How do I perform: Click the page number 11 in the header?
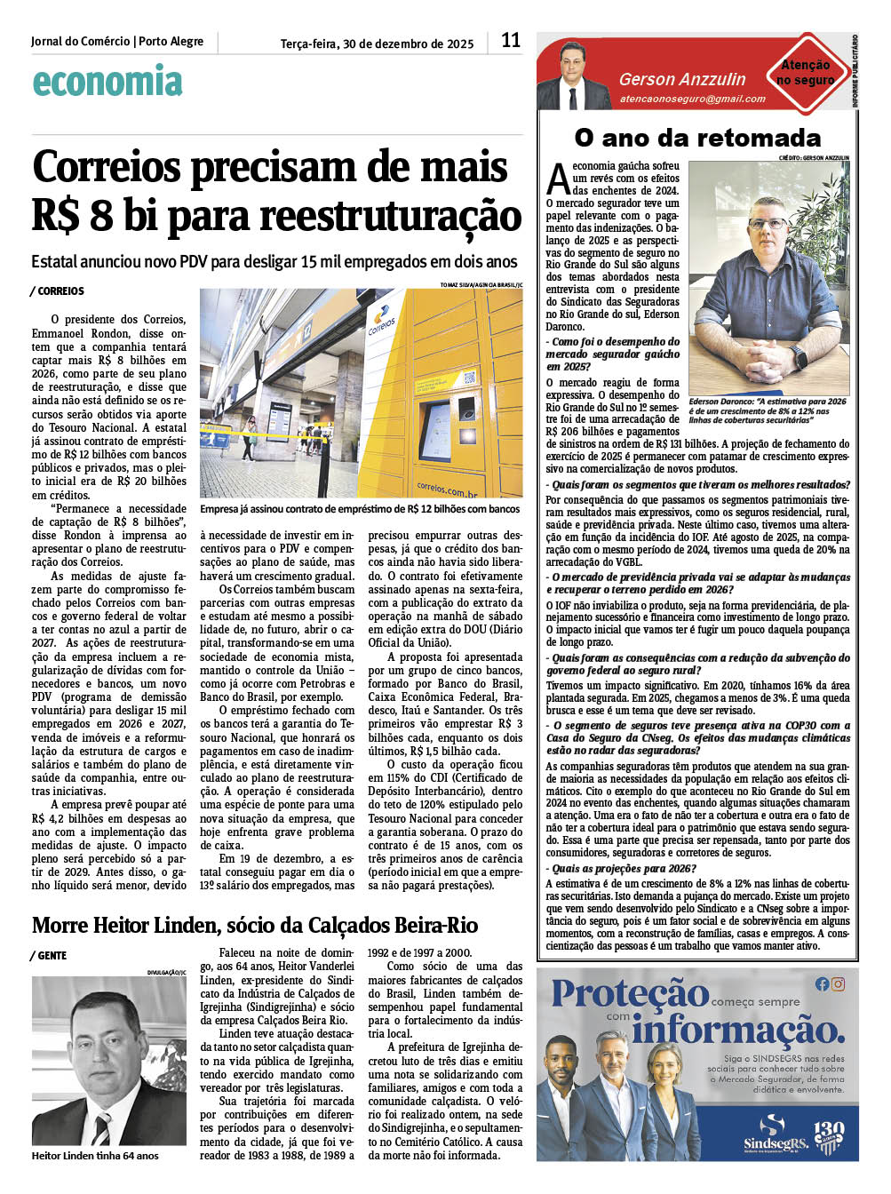click(x=511, y=40)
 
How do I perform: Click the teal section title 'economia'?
click(x=107, y=82)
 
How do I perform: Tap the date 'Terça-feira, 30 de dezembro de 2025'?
click(x=377, y=44)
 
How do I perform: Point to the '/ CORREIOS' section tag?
click(x=58, y=291)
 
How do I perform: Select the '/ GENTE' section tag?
click(x=50, y=956)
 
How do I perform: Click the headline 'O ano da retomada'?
click(x=697, y=138)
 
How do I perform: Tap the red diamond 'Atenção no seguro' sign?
click(x=805, y=73)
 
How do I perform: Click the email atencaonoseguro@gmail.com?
click(x=692, y=99)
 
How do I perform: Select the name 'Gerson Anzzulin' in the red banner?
click(x=682, y=79)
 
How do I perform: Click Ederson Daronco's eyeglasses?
click(x=767, y=223)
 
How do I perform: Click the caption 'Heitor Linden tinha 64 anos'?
click(x=95, y=1156)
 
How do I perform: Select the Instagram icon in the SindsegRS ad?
click(x=838, y=983)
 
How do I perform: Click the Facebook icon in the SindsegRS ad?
click(x=822, y=983)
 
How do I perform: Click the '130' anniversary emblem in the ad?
click(x=828, y=1134)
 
